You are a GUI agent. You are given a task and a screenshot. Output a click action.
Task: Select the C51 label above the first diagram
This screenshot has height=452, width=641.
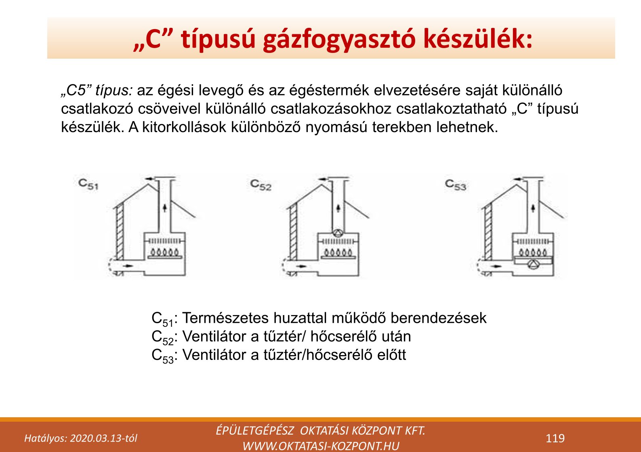tap(88, 184)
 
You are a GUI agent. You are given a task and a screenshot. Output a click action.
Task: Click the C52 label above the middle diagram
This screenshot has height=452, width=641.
tap(261, 185)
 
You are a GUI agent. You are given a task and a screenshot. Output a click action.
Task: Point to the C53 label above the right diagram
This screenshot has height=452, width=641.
tap(456, 185)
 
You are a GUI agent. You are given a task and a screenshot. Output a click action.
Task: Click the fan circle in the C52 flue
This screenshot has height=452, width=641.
tap(338, 233)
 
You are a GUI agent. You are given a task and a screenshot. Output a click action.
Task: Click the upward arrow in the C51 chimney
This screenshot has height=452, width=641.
tap(164, 207)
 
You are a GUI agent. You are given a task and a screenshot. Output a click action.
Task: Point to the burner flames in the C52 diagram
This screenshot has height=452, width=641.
tap(338, 252)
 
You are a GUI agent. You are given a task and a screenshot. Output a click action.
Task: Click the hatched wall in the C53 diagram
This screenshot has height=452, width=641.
tap(488, 231)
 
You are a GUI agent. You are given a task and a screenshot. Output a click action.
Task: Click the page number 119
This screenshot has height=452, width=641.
tap(555, 438)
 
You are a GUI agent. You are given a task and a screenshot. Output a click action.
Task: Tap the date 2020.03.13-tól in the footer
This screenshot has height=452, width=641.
tap(103, 439)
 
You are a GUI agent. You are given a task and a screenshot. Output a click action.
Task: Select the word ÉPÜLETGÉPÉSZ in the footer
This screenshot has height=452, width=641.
tap(255, 431)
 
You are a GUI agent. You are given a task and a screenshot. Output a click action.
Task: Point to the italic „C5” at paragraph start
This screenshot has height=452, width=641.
tap(76, 90)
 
